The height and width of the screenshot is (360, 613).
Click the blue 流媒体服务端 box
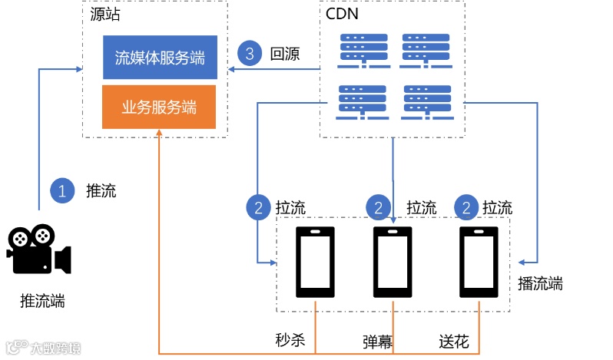[160, 57]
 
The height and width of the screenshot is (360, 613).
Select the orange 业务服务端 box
[160, 107]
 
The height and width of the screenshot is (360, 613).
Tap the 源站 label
[104, 14]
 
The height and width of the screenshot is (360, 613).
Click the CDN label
[341, 14]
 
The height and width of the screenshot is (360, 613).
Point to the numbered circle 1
[62, 190]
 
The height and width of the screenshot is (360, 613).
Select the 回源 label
[284, 54]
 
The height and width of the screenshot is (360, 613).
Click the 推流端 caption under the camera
[42, 301]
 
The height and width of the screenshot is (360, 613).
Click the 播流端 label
[540, 284]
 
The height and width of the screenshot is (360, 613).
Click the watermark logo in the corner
[42, 348]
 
